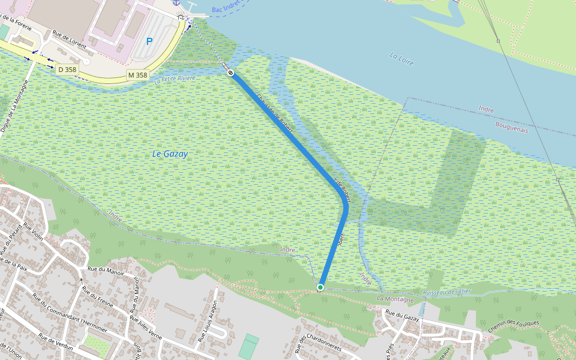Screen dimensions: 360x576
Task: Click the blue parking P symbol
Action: tap(149, 41)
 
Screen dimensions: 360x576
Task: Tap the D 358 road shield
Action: tap(67, 70)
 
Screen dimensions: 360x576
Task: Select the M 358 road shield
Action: tap(137, 75)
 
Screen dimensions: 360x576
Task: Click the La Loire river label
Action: tap(402, 58)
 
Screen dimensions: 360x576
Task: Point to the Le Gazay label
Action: tap(170, 154)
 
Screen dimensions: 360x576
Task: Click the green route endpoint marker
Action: tap(320, 288)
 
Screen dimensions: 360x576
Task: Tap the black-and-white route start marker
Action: tap(230, 73)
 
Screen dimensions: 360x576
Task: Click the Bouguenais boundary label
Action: tap(511, 127)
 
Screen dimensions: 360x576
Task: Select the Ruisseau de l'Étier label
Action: tap(447, 292)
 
